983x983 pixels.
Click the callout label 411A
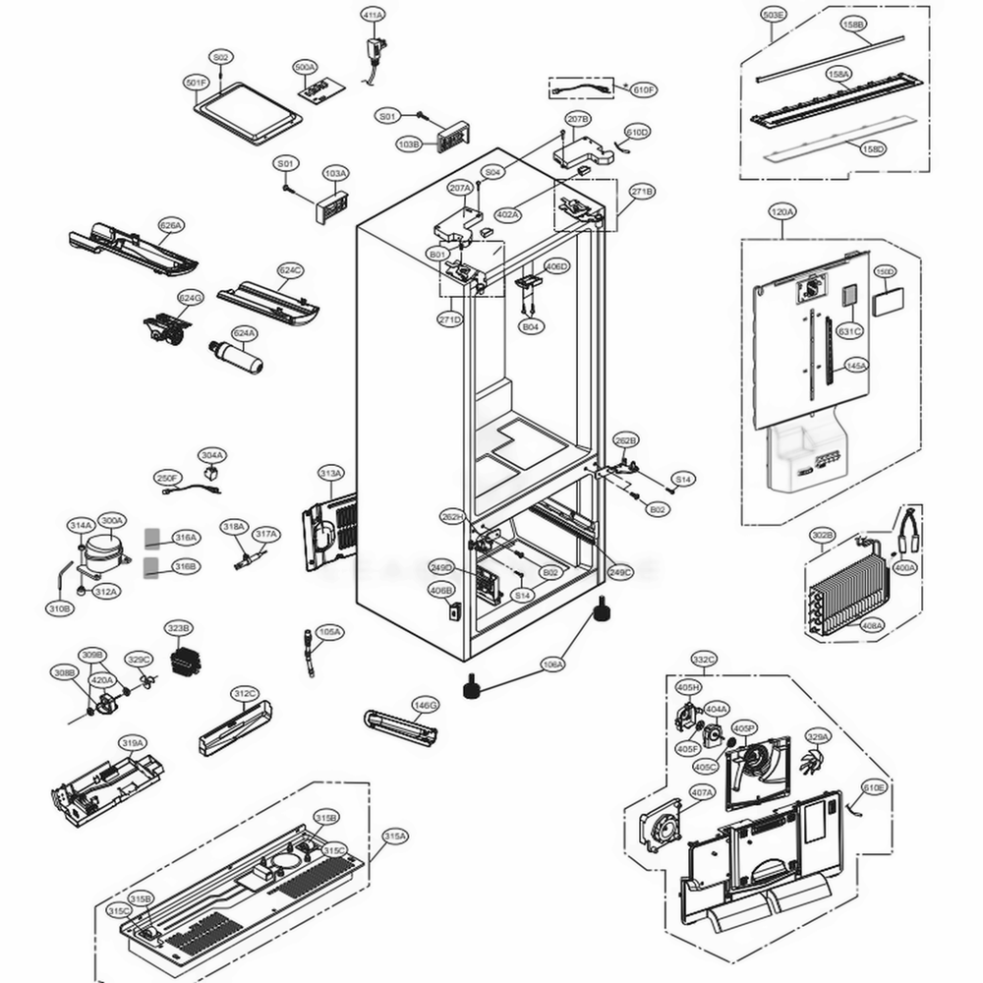[373, 16]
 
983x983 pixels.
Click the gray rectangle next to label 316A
[152, 537]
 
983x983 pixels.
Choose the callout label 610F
[643, 89]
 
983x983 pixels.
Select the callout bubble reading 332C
[704, 659]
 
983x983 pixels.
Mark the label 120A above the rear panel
[782, 211]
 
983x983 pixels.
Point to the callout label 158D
[872, 149]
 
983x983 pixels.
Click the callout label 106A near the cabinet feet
[553, 665]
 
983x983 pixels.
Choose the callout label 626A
[171, 225]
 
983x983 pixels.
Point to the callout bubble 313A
[330, 474]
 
